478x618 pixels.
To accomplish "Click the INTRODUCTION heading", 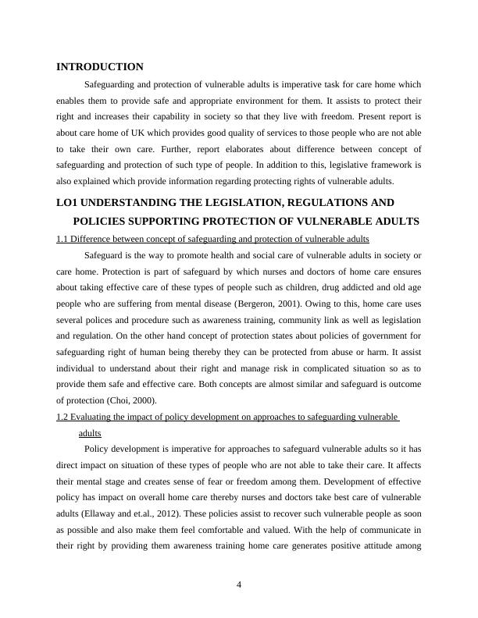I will point(100,67).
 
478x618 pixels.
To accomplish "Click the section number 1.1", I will point(64,239).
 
